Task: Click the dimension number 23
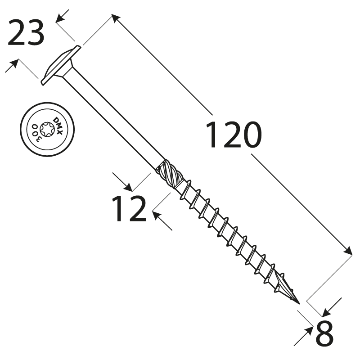click(x=27, y=33)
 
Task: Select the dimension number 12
click(x=129, y=208)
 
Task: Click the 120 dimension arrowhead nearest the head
click(x=115, y=18)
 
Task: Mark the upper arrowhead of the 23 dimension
click(x=60, y=17)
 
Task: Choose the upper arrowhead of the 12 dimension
click(x=127, y=186)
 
